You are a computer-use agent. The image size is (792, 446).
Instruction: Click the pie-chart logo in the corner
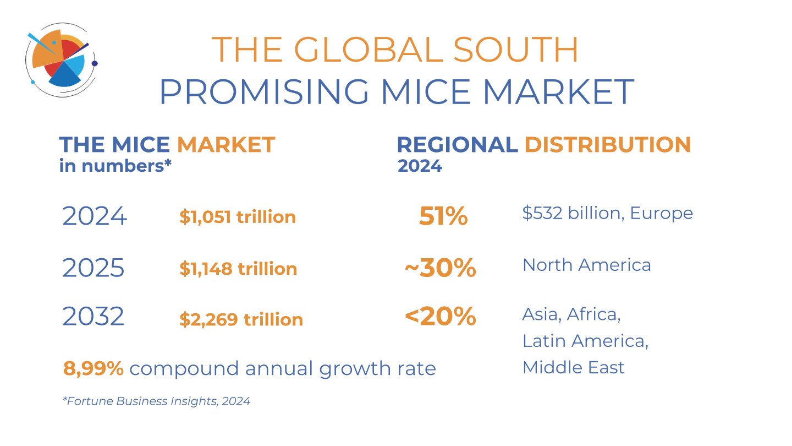61,61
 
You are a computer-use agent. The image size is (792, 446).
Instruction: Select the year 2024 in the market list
95,216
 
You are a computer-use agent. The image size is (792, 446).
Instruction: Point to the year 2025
94,268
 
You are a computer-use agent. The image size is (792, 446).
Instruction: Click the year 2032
94,317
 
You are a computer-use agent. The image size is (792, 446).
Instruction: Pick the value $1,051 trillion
238,217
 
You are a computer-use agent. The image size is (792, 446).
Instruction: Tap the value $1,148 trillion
238,269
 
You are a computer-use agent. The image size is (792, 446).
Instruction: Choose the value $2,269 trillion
241,319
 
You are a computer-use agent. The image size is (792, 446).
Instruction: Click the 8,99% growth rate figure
94,368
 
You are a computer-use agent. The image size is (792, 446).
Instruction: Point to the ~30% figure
440,268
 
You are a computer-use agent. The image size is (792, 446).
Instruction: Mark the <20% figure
440,317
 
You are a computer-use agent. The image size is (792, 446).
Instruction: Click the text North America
586,265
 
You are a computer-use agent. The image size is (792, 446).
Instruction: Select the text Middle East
573,367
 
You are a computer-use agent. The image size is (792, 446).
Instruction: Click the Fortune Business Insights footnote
157,401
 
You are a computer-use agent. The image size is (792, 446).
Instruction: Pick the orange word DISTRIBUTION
608,145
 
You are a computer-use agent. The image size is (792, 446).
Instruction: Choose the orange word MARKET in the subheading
226,145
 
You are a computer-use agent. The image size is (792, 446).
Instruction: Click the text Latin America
585,341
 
